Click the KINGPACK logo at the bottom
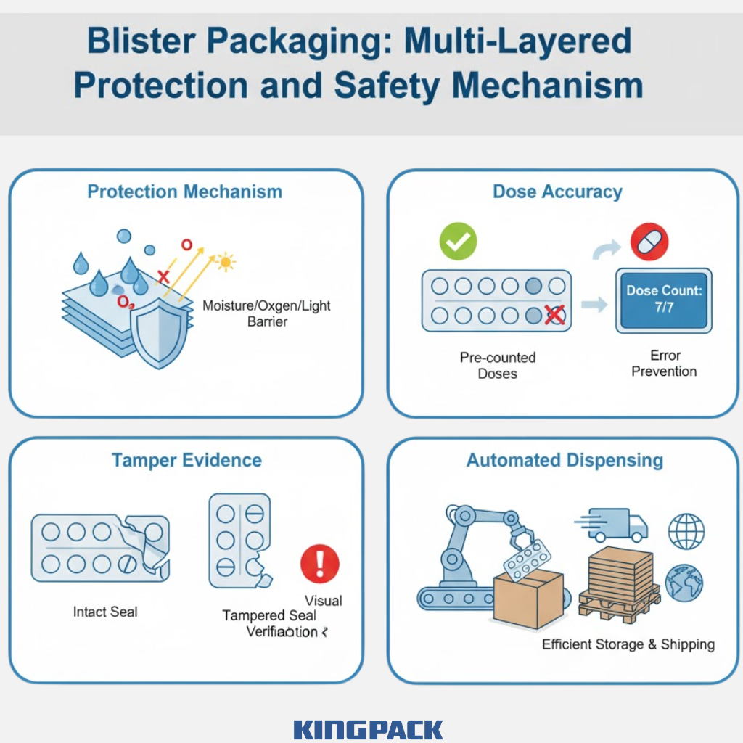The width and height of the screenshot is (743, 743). (x=368, y=729)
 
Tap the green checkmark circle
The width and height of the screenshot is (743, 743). (x=458, y=242)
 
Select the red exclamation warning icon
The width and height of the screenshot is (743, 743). (x=320, y=563)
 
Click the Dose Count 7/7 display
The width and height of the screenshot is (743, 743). (x=664, y=298)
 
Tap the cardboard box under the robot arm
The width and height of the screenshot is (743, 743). (x=528, y=598)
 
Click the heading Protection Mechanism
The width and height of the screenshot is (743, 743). (x=184, y=192)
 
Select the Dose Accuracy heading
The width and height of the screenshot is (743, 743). (x=557, y=192)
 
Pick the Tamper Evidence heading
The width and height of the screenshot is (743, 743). (x=186, y=461)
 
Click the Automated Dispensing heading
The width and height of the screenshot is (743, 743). (x=565, y=461)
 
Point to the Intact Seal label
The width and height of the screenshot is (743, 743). (x=105, y=612)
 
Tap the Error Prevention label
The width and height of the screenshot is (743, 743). (x=664, y=364)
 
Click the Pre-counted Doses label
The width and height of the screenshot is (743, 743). (x=498, y=366)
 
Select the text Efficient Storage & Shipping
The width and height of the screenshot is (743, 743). (x=628, y=644)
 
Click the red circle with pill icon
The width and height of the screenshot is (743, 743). (x=649, y=242)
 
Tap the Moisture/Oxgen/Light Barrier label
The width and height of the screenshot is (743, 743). (x=266, y=313)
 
